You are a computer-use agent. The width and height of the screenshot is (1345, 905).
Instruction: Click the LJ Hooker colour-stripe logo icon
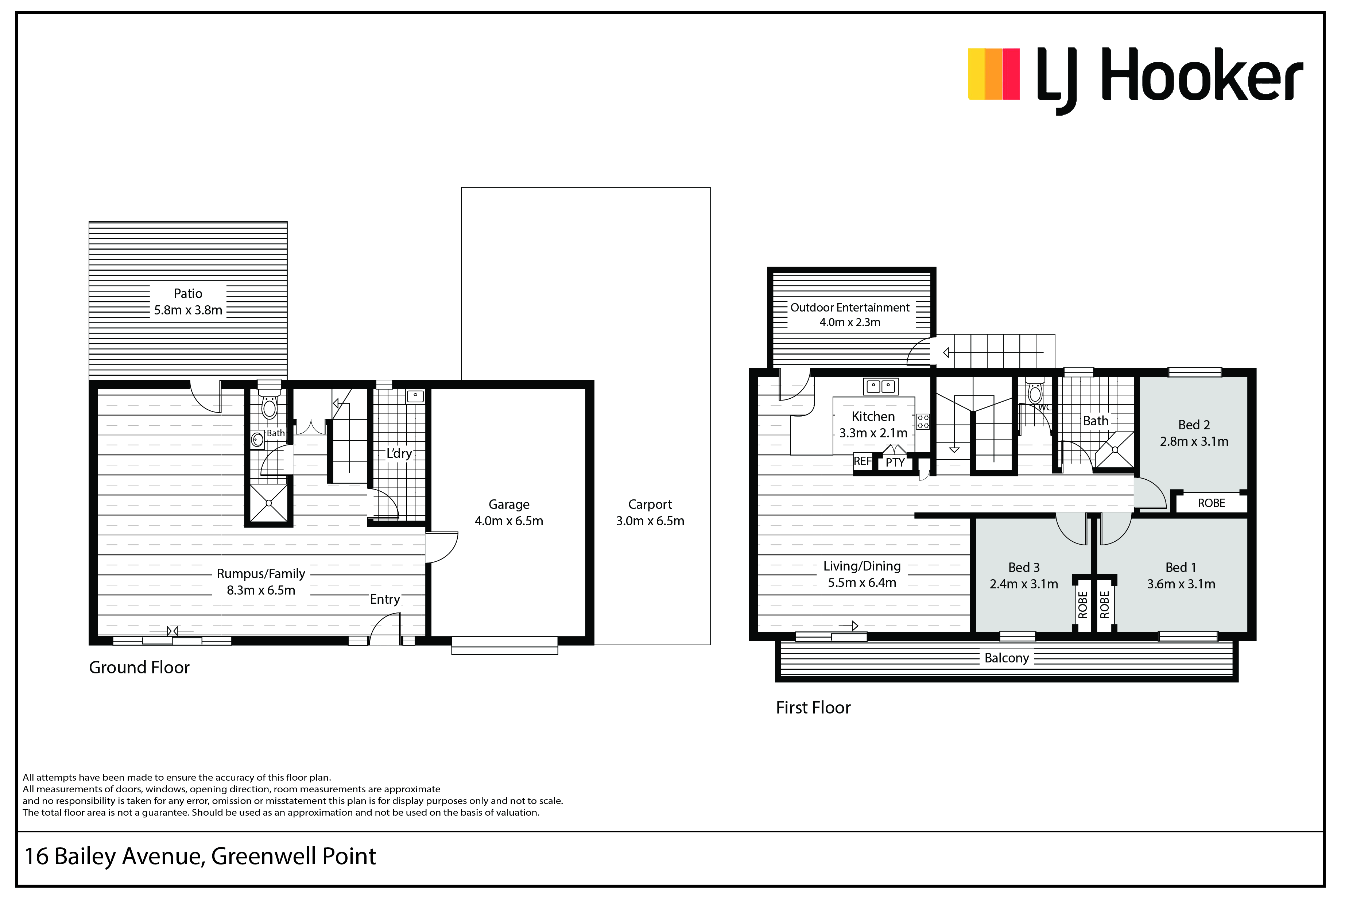coord(993,74)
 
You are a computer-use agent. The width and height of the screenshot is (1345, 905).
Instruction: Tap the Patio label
coord(188,294)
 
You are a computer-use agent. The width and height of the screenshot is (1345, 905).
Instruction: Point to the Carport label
coord(650,505)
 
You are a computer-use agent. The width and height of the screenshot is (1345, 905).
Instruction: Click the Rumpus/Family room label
coord(261,574)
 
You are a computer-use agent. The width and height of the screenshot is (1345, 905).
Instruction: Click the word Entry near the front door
coord(385,600)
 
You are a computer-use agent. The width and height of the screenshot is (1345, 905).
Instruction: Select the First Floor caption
coord(813,708)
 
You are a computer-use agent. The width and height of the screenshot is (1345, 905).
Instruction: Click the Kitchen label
coord(873,417)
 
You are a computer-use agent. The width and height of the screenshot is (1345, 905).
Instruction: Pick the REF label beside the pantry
coord(863,461)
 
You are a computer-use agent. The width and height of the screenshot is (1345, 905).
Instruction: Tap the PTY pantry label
coord(895,462)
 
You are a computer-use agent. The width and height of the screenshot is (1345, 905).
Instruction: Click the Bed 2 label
coord(1194,425)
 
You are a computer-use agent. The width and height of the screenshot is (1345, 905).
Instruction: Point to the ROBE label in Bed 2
coord(1211,503)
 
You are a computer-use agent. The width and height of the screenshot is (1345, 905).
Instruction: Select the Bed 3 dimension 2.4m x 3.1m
coord(1024,584)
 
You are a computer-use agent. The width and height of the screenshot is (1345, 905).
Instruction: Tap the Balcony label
coord(1006,658)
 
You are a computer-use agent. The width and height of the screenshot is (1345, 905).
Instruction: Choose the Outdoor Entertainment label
coord(849,308)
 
